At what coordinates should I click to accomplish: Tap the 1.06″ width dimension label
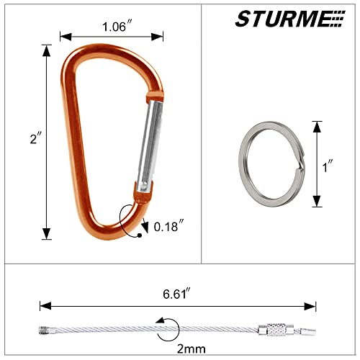tap(111, 28)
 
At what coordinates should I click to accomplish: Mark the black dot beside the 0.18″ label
tap(138, 234)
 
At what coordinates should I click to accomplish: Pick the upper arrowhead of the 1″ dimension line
tap(315, 125)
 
